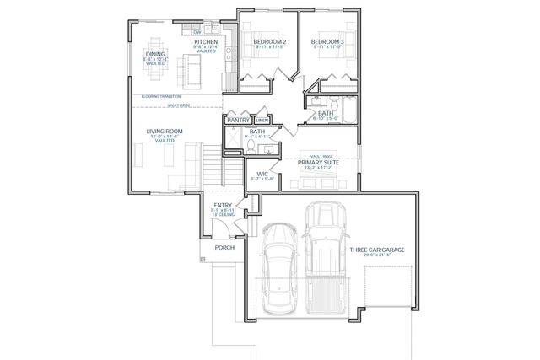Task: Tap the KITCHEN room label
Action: tap(206, 42)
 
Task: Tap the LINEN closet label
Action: tap(262, 121)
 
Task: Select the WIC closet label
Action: tap(262, 174)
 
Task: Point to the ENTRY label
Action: tap(223, 205)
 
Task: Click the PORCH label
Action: tap(224, 248)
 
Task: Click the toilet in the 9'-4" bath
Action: tap(250, 146)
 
